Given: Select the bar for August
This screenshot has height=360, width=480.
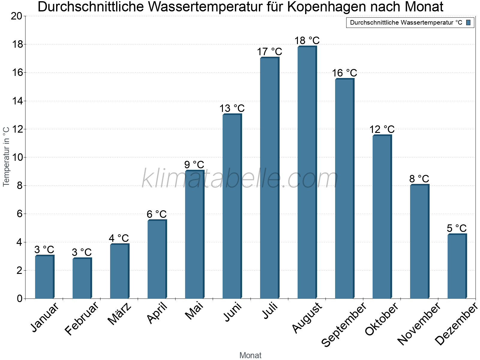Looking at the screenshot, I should point(307,172).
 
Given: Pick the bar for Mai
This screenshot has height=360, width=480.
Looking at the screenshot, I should point(194,234).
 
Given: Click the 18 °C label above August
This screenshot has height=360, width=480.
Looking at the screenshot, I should point(307,40).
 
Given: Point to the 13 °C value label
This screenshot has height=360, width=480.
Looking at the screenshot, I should point(232,108).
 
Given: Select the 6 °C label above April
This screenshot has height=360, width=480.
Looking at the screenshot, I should point(157,214).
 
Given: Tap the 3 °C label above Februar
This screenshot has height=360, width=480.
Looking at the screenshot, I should point(82,252).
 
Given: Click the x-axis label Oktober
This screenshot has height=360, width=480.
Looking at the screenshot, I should point(382,319).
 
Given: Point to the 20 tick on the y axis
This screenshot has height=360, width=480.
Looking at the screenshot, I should point(16,16).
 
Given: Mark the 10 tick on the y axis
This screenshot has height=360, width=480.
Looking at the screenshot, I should point(16,157).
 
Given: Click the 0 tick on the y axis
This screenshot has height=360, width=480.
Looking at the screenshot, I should point(19,299).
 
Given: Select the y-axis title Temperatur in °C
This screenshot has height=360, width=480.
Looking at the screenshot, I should point(6,156).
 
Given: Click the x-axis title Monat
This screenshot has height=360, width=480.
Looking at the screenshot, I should point(250,355).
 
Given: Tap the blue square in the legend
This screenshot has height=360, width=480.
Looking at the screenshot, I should point(469,22).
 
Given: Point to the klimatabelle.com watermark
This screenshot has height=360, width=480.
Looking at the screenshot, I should point(240,178).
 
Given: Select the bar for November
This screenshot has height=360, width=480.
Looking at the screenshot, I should point(419,241).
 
